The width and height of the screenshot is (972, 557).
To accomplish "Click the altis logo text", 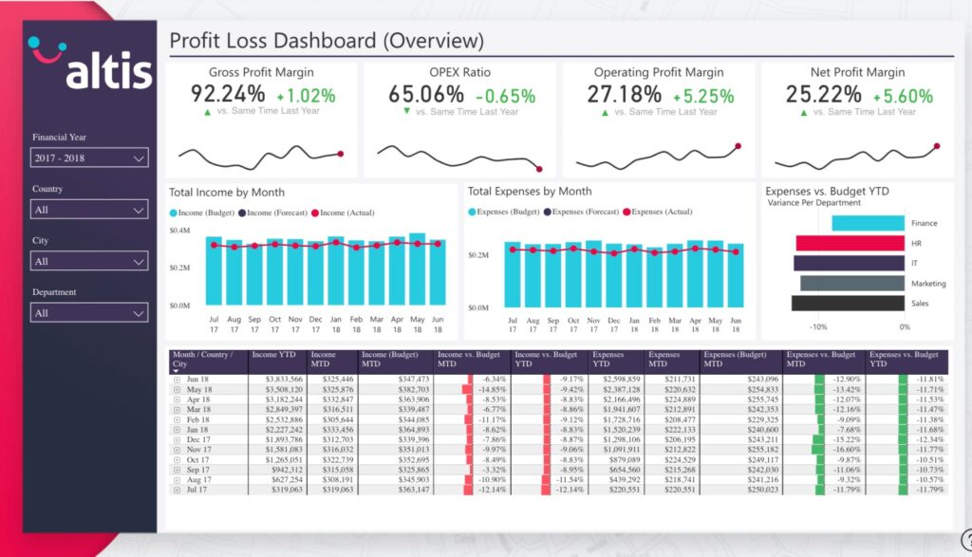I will pos(108,71).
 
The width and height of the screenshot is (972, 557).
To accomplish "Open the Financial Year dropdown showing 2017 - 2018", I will pos(88,158).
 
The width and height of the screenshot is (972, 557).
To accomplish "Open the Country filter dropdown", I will pos(88,210).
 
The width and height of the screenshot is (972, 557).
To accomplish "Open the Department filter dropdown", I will pos(88,312).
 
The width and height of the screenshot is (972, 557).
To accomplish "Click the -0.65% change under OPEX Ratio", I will pos(505,96).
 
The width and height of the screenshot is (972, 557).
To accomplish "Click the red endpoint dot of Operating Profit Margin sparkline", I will pos(738,146).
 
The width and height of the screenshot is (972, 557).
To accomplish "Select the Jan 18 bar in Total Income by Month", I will pos(335,271).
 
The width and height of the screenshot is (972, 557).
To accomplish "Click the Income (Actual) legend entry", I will pos(341,213).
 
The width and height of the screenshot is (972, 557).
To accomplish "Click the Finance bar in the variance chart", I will pos(868,223).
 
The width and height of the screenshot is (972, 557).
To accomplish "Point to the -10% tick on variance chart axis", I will pos(817,326).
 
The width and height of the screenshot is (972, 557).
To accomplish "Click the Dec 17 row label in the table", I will pos(197,439).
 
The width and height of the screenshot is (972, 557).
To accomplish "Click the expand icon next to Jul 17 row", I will pos(177,490).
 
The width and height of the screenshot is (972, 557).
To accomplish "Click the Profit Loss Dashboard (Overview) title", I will pos(327,41).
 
